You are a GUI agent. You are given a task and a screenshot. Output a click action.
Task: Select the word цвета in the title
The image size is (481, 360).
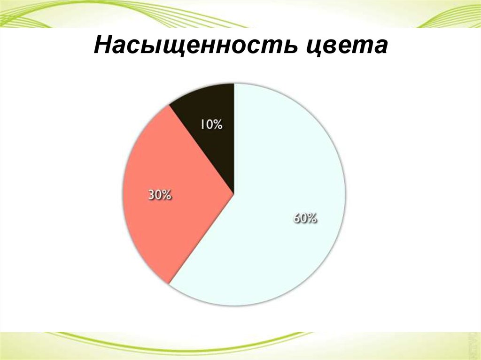[345, 47]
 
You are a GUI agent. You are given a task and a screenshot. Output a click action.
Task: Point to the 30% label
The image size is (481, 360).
[160, 195]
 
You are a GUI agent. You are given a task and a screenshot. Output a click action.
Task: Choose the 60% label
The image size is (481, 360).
[305, 218]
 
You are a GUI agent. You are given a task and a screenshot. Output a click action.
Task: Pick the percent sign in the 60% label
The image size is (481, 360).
[314, 218]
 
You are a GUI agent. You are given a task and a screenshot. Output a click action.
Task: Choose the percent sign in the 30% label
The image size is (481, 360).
[167, 195]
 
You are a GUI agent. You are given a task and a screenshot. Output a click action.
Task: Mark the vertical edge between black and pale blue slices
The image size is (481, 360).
[233, 141]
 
